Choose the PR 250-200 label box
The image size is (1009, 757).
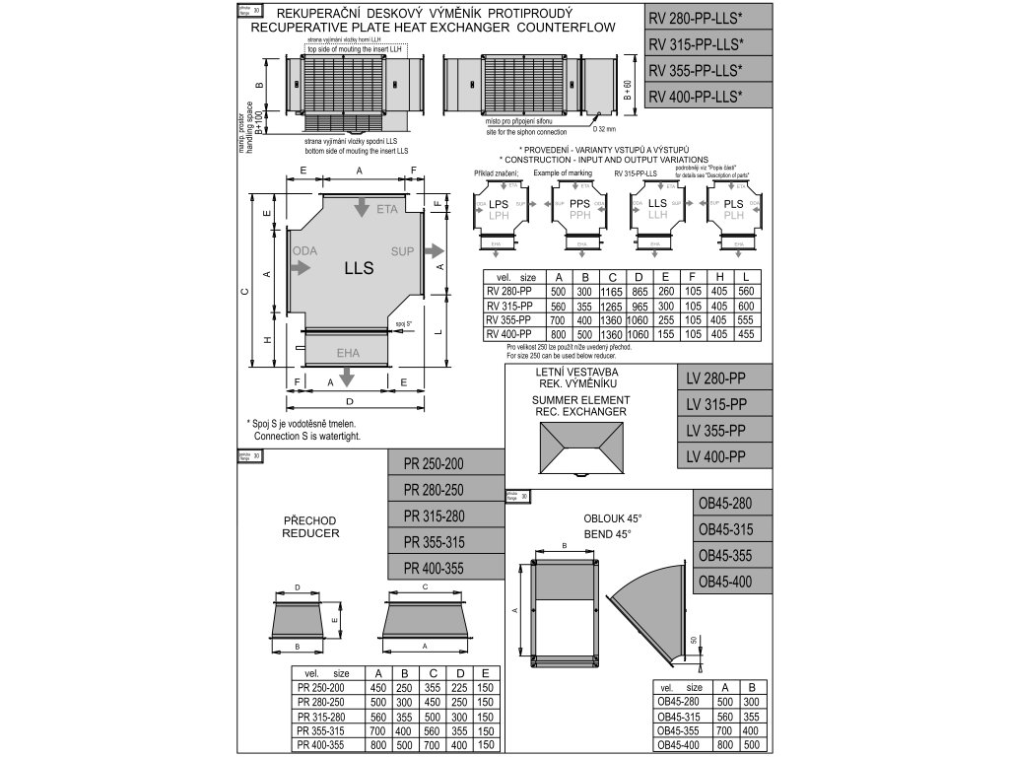(x=440, y=463)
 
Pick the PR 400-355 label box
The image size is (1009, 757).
(x=440, y=567)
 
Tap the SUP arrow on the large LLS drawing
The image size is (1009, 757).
(x=432, y=251)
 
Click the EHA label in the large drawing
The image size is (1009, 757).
(x=348, y=351)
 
